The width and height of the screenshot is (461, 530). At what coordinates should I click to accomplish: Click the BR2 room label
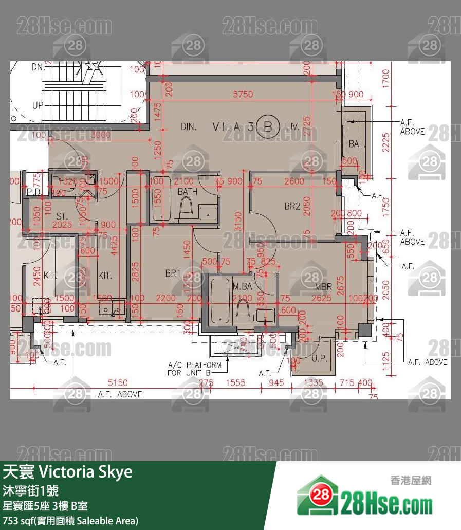click(x=292, y=206)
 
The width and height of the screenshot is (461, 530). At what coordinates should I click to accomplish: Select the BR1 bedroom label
click(x=172, y=274)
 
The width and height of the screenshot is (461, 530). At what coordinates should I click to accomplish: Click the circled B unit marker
click(x=268, y=126)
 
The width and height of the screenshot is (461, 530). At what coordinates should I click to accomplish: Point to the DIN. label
click(x=189, y=126)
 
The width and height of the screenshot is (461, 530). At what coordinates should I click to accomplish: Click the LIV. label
click(x=292, y=126)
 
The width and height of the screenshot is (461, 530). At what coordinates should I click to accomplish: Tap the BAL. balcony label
click(x=357, y=144)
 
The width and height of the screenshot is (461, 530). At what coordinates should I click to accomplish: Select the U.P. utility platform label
click(x=320, y=359)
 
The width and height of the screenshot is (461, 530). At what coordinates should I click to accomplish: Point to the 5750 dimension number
click(x=243, y=94)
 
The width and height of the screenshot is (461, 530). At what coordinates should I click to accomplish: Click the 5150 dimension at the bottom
click(x=118, y=382)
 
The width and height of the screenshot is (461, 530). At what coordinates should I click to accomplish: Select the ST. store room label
click(x=62, y=215)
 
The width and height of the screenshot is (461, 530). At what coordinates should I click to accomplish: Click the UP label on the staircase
click(x=38, y=105)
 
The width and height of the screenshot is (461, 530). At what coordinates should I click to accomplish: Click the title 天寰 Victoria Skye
click(x=68, y=471)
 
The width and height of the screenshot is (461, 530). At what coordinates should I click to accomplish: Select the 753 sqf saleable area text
click(x=70, y=521)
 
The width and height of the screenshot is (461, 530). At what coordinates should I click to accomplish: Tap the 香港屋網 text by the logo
click(x=411, y=481)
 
